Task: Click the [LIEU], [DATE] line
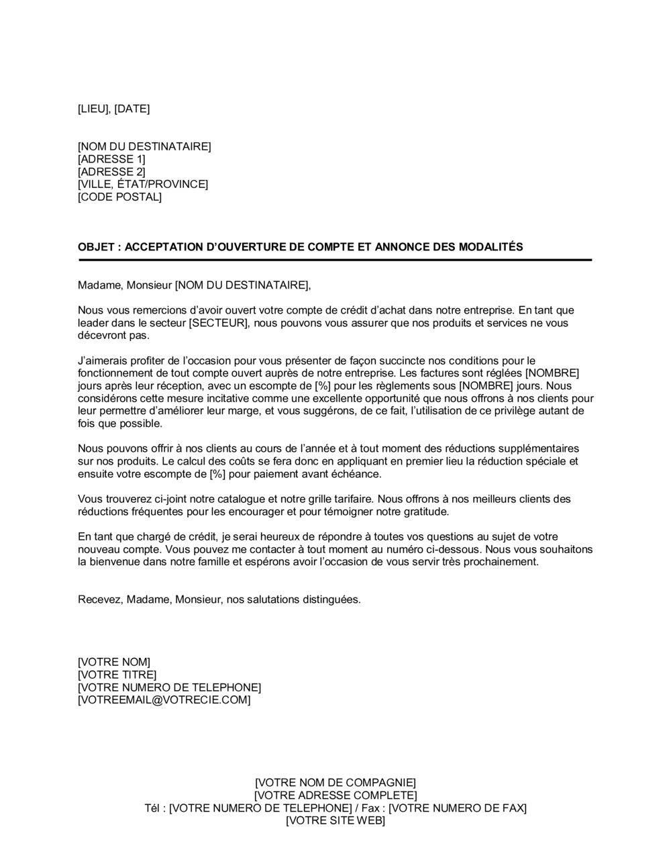pyautogui.click(x=113, y=109)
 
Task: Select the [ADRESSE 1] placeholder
pyautogui.click(x=111, y=159)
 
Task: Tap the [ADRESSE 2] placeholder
pyautogui.click(x=111, y=172)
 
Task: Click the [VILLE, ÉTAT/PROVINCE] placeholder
pyautogui.click(x=143, y=185)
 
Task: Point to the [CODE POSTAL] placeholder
pyautogui.click(x=119, y=197)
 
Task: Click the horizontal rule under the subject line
pyautogui.click(x=335, y=260)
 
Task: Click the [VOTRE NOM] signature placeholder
pyautogui.click(x=114, y=663)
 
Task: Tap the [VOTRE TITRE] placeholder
pyautogui.click(x=117, y=675)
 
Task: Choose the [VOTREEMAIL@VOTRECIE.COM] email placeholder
pyautogui.click(x=164, y=700)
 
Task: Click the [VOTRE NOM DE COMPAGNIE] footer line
pyautogui.click(x=335, y=783)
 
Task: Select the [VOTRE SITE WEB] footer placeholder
pyautogui.click(x=335, y=820)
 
